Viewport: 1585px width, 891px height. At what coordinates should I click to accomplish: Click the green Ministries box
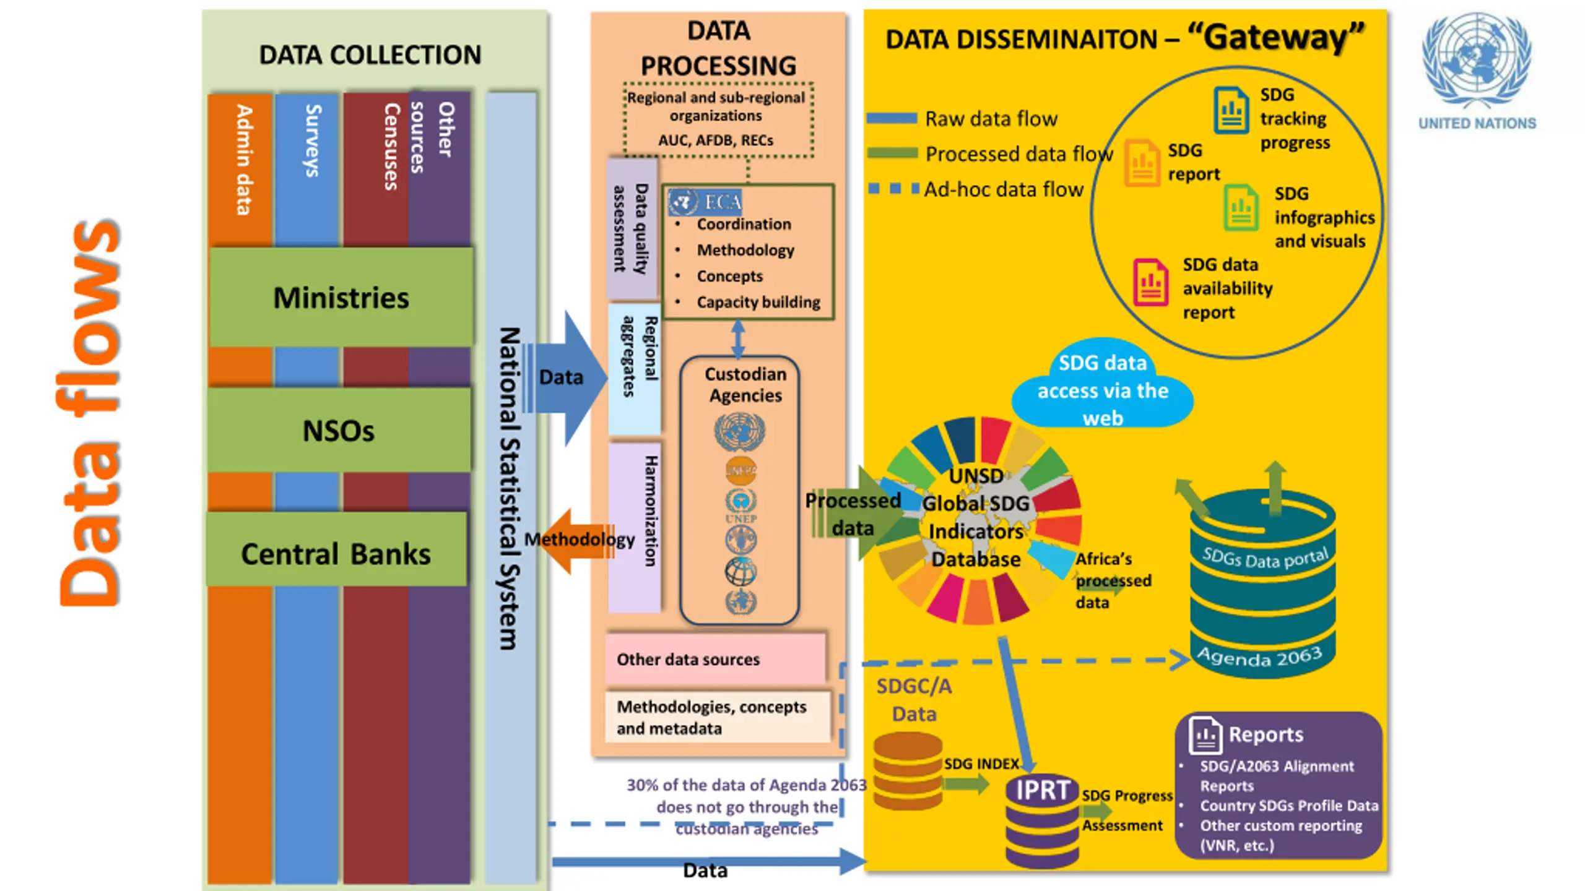pyautogui.click(x=341, y=298)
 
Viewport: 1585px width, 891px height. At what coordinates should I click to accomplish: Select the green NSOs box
pyautogui.click(x=339, y=431)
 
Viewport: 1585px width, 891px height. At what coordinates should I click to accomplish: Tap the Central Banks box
pyautogui.click(x=336, y=553)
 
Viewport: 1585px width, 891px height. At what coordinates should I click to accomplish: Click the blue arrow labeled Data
pyautogui.click(x=567, y=377)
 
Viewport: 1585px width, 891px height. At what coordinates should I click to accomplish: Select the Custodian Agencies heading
pyautogui.click(x=745, y=384)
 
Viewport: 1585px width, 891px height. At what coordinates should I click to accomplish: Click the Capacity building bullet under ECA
pyautogui.click(x=758, y=302)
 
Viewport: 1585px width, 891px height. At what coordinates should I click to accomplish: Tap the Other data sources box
pyautogui.click(x=715, y=659)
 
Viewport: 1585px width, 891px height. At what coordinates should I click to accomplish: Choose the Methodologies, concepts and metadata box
pyautogui.click(x=717, y=717)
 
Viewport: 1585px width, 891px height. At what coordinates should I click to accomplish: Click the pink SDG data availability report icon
pyautogui.click(x=1150, y=282)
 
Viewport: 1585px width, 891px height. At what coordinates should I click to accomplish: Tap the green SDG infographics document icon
pyautogui.click(x=1241, y=208)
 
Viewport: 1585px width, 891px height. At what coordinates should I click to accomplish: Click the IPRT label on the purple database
pyautogui.click(x=1043, y=790)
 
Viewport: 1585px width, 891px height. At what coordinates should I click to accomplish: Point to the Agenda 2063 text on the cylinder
pyautogui.click(x=1259, y=656)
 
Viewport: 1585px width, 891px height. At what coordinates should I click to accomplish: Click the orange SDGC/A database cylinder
pyautogui.click(x=907, y=770)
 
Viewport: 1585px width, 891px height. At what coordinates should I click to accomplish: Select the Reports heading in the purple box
pyautogui.click(x=1266, y=734)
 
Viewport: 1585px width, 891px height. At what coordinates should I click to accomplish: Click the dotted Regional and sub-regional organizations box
pyautogui.click(x=718, y=119)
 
